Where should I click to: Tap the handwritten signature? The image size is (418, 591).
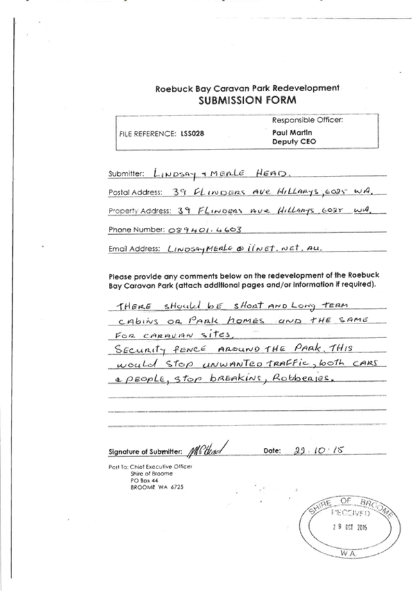(x=209, y=449)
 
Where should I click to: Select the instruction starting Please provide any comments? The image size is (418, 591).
(x=244, y=280)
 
